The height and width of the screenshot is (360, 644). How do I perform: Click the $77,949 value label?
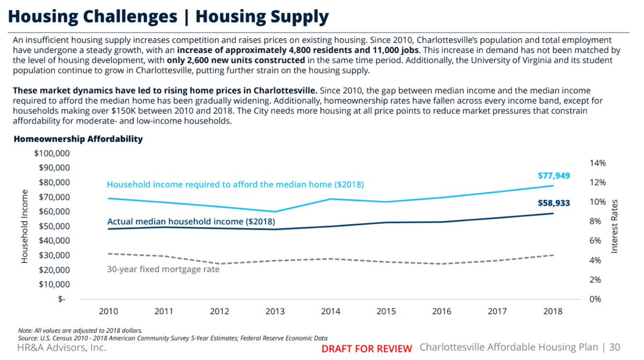click(x=553, y=175)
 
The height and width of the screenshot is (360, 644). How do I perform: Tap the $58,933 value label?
click(x=553, y=203)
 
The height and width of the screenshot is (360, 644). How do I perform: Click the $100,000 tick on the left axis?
click(x=52, y=153)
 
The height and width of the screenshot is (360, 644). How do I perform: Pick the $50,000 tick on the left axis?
click(x=54, y=226)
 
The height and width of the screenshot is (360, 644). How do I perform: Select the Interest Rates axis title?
click(x=615, y=226)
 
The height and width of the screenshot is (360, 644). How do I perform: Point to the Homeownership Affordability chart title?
click(x=78, y=139)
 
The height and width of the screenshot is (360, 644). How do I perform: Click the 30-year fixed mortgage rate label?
click(x=164, y=269)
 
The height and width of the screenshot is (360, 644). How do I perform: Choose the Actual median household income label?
click(x=191, y=221)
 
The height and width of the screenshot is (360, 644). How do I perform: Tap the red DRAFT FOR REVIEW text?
click(x=367, y=349)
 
